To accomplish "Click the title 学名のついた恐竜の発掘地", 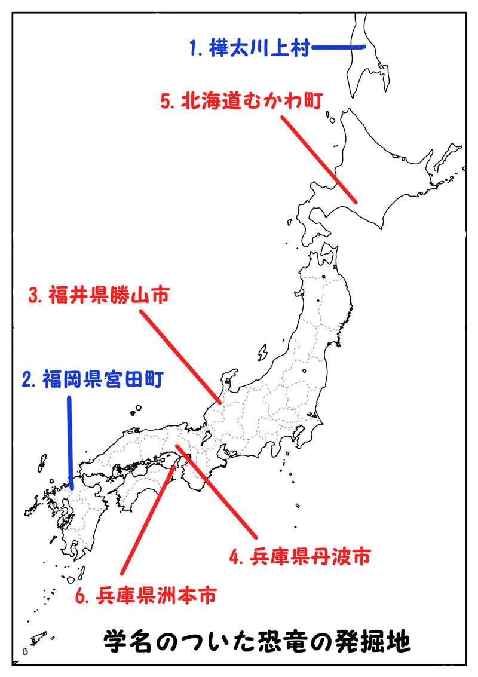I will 258,642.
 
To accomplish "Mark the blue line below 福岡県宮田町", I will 71,442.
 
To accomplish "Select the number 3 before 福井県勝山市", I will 34,296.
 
